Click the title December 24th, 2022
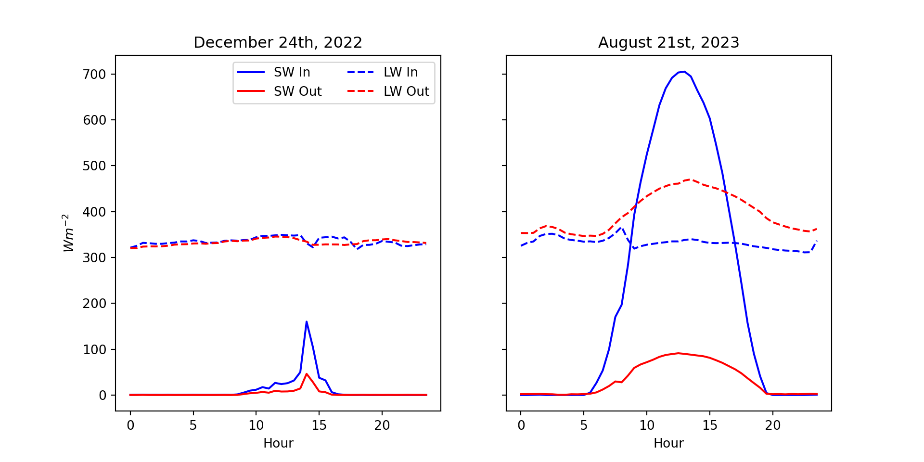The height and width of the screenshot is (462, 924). [x=278, y=43]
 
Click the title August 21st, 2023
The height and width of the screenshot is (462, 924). [x=668, y=43]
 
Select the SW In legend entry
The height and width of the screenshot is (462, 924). [x=273, y=72]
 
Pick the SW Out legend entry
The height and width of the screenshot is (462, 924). [x=279, y=91]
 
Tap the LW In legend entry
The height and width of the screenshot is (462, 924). [x=383, y=72]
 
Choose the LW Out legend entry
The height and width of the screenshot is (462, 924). [x=388, y=91]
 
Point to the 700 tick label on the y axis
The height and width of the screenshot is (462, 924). [x=94, y=74]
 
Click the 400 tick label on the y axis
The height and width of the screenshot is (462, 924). [x=94, y=212]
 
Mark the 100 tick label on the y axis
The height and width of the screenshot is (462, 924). [x=94, y=349]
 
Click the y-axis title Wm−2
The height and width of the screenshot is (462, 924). [x=69, y=233]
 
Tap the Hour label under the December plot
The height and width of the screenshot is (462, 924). [x=278, y=443]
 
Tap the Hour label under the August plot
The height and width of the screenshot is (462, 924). [x=668, y=443]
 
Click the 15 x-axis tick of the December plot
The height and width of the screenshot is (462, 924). [x=319, y=425]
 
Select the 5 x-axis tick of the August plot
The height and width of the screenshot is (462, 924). [x=584, y=425]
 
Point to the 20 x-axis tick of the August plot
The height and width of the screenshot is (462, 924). [x=773, y=425]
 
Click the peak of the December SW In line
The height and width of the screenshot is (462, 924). [x=307, y=321]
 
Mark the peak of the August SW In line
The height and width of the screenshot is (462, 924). [x=684, y=72]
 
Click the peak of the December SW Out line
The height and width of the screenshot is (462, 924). [x=307, y=373]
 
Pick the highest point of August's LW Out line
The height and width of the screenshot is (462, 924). [x=691, y=180]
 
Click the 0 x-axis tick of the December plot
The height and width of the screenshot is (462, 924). [x=130, y=425]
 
